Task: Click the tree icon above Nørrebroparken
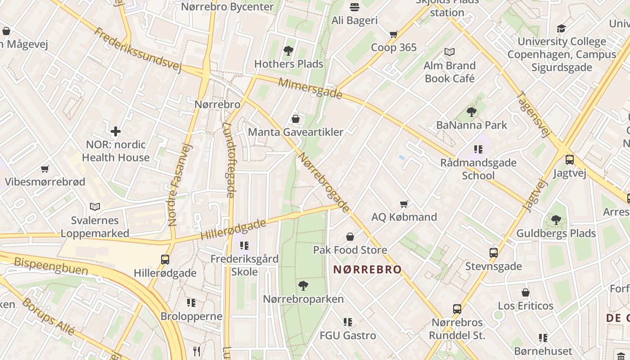[x=303, y=285]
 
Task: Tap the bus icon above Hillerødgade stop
[x=165, y=260]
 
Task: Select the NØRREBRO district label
[x=367, y=270]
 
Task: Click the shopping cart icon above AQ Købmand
[x=404, y=204]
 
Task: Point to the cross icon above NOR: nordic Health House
[x=116, y=131]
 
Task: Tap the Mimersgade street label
[x=310, y=88]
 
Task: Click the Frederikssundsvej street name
[x=138, y=50]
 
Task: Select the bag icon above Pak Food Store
[x=350, y=237]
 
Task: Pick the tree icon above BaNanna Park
[x=472, y=112]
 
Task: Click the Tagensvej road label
[x=534, y=114]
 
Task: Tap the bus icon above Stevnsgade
[x=494, y=253]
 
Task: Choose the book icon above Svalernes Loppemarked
[x=95, y=207]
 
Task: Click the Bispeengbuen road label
[x=51, y=266]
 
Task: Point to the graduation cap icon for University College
[x=561, y=29]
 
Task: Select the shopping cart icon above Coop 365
[x=394, y=34]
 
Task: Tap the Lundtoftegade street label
[x=229, y=160]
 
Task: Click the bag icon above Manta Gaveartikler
[x=296, y=119]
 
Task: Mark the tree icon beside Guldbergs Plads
[x=556, y=220]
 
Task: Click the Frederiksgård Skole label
[x=244, y=265]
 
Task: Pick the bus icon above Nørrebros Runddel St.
[x=457, y=309]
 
